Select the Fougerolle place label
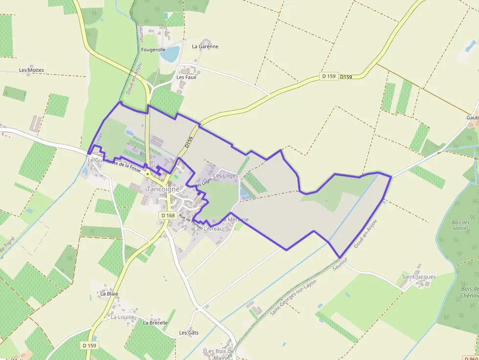point(153,50)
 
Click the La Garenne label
point(205,47)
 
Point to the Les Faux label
point(186,77)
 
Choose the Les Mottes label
point(31,70)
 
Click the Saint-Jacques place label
point(418,277)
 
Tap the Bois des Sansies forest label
point(460,225)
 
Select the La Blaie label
point(109,294)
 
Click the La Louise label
point(122,317)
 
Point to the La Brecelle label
point(155,323)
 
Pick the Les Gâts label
point(189,333)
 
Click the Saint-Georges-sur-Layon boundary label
point(293,297)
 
